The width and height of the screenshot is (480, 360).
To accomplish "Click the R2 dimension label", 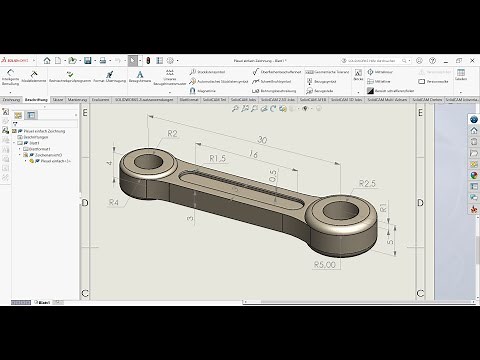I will [x=172, y=133].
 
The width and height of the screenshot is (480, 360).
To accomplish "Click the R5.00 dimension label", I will [x=323, y=265].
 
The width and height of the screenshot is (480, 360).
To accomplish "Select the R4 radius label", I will [x=114, y=202].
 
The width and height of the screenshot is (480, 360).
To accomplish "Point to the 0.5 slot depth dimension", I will [x=271, y=177].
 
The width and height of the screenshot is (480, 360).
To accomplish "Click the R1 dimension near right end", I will [x=384, y=208].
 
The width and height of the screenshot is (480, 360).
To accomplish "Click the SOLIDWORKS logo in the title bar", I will [x=17, y=61].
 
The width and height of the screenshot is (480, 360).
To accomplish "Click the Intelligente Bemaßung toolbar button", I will [x=11, y=80].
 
